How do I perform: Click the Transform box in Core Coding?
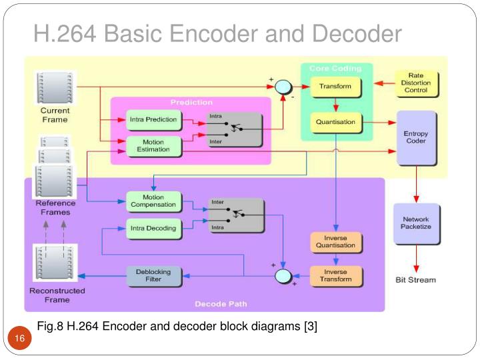click(335, 87)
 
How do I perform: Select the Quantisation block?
click(335, 122)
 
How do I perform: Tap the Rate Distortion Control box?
click(415, 83)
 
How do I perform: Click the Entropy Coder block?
click(416, 138)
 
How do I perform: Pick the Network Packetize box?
click(416, 223)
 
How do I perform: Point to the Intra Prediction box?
click(153, 120)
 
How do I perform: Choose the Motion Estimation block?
click(153, 146)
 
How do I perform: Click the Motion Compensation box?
click(153, 201)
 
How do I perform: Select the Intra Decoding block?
click(153, 229)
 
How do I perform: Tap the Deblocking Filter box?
click(153, 275)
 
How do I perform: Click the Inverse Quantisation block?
click(335, 242)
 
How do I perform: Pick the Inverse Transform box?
click(335, 275)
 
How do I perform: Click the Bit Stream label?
click(415, 280)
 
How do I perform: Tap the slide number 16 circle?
click(19, 340)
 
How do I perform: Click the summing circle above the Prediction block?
click(283, 87)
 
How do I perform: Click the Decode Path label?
click(220, 304)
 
